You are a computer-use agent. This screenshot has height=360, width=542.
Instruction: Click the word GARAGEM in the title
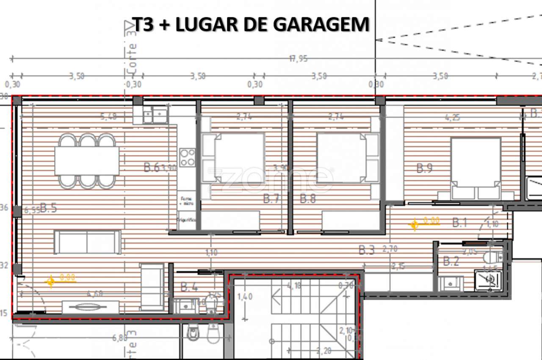pos(321,25)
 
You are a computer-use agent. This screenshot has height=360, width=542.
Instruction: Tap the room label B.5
pos(48,208)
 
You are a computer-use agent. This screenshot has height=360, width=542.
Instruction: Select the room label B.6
pos(152,168)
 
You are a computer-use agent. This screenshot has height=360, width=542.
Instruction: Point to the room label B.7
pos(271,199)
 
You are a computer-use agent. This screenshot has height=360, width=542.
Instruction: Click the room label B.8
pos(308,199)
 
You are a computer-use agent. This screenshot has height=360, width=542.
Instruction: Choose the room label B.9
pos(424,169)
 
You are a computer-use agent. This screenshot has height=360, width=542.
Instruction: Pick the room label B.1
pos(459,222)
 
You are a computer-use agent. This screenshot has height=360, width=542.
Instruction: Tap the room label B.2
pos(451,261)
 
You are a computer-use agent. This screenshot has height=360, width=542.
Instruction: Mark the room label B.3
pos(367,250)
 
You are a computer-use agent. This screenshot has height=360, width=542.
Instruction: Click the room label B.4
pos(189,287)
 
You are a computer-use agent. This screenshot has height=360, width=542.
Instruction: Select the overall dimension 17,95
pos(298,59)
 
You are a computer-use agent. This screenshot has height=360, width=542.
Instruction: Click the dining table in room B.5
pos(87,161)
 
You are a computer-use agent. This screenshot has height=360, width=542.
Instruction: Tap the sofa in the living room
pos(87,242)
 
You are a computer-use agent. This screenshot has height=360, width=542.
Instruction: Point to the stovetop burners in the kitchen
pos(187,157)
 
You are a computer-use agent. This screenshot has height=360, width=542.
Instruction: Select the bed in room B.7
pos(239,158)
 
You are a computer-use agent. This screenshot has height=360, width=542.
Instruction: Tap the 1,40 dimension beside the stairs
pos(245,296)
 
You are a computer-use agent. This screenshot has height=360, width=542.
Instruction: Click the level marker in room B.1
pos(414,224)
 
